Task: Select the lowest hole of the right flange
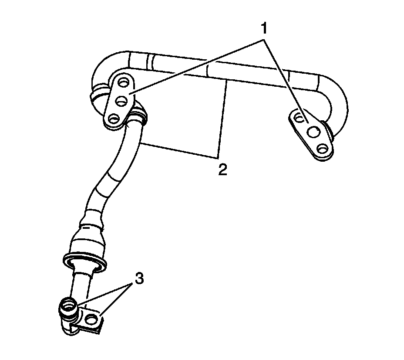point(322,149)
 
